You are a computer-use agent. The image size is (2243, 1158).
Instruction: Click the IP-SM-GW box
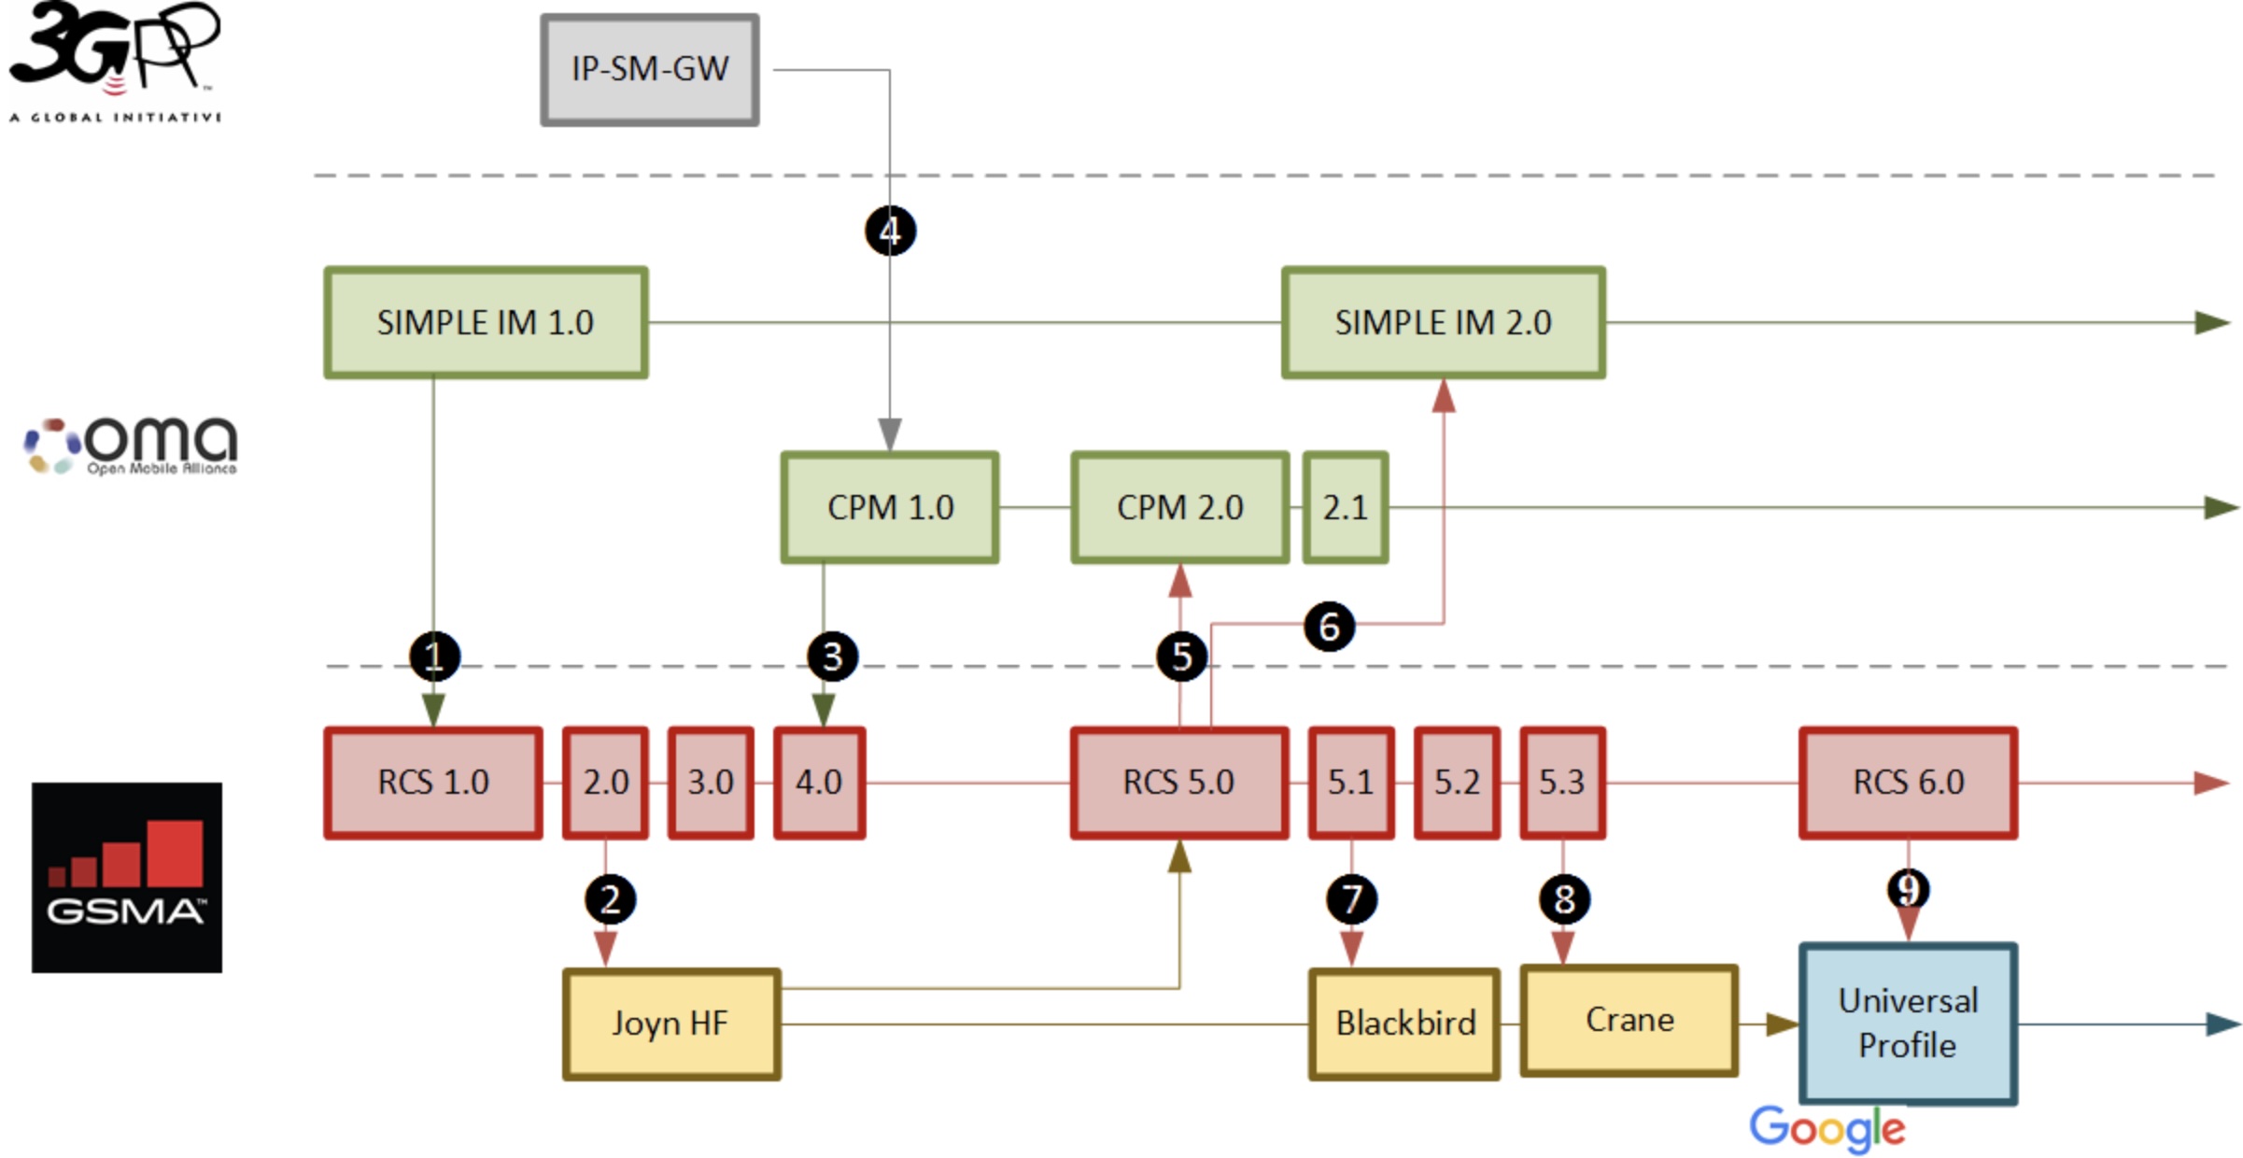(x=650, y=70)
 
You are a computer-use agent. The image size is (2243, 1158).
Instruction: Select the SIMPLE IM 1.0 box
(x=486, y=323)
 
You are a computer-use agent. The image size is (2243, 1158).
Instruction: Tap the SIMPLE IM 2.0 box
(x=1443, y=323)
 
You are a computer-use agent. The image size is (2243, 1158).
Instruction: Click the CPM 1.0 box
(x=890, y=508)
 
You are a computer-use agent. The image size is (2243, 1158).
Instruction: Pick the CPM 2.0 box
(x=1180, y=508)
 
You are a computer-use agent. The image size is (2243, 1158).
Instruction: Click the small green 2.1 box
(x=1346, y=508)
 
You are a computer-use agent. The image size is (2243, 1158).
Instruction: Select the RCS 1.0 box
(x=433, y=783)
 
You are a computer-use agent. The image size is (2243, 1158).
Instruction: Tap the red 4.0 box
(x=819, y=783)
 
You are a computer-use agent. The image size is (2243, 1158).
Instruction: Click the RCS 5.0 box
(x=1179, y=783)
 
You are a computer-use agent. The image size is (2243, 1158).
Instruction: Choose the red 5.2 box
(x=1457, y=783)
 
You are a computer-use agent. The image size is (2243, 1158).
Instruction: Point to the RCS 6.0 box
(x=1909, y=783)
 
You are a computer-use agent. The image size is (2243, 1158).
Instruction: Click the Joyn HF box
(x=671, y=1024)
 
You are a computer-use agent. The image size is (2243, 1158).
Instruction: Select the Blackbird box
(x=1404, y=1024)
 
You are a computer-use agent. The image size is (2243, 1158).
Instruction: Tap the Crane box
(x=1629, y=1021)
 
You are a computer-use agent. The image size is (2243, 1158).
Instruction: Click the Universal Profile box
(x=1909, y=1024)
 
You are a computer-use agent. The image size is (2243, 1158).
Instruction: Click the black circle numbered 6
(x=1329, y=627)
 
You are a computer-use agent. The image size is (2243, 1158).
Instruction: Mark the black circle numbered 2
(x=610, y=900)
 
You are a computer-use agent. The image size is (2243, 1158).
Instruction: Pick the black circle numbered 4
(x=890, y=231)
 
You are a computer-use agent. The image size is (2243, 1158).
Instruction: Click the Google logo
(x=1827, y=1128)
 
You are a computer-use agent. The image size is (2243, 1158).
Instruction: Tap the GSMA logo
(x=127, y=878)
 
